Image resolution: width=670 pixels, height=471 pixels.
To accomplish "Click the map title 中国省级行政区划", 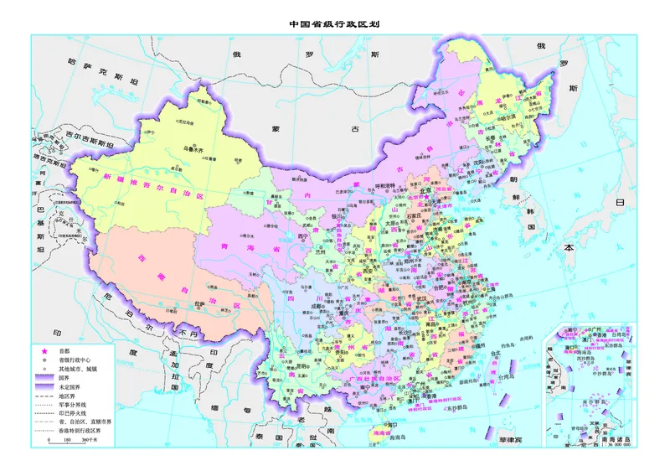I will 335,24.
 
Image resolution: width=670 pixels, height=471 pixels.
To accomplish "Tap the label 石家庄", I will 414,213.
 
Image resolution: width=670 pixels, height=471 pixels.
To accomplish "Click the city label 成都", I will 317,308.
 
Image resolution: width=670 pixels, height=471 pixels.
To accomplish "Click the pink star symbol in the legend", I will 41,350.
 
